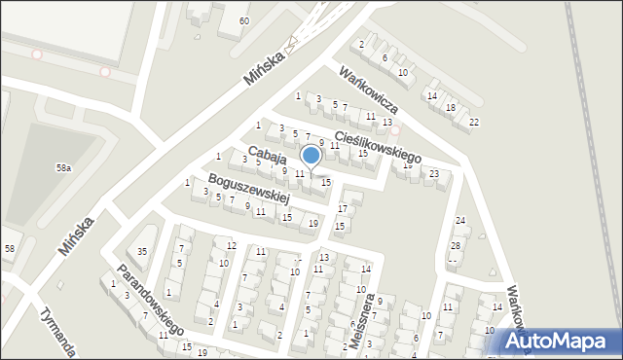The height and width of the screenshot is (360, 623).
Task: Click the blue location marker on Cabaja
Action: click(x=311, y=156)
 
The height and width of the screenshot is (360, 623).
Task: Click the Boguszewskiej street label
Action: click(x=249, y=189)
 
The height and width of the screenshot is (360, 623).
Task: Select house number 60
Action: click(x=243, y=20)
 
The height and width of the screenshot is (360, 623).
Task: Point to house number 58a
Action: click(x=63, y=167)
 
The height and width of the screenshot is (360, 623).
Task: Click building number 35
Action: click(x=142, y=251)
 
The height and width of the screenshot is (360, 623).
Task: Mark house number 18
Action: click(x=451, y=107)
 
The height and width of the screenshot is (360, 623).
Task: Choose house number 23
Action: click(x=434, y=173)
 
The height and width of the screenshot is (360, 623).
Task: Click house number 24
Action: click(x=460, y=221)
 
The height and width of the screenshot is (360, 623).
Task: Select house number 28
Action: click(x=455, y=245)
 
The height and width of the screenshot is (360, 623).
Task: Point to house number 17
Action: click(x=342, y=208)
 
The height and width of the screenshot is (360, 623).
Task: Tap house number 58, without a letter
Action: click(x=10, y=249)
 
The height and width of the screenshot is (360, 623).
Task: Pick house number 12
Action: click(x=231, y=244)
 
